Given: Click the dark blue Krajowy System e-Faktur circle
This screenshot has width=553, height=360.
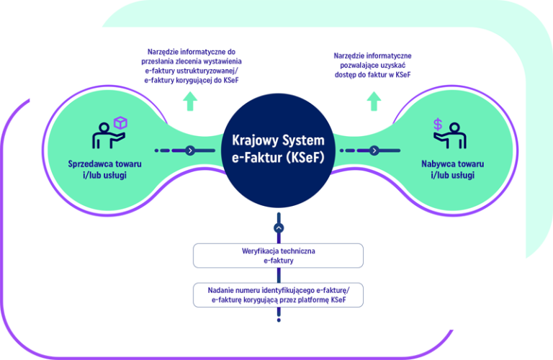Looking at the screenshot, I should click(x=278, y=150).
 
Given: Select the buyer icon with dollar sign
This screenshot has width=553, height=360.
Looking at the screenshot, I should click(x=447, y=134).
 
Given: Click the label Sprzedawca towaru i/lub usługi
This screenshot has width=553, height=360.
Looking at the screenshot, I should click(x=106, y=170).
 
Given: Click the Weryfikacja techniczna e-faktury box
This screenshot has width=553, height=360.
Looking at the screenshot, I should click(x=278, y=256).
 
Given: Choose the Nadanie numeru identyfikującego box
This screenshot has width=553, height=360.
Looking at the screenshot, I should click(x=278, y=294).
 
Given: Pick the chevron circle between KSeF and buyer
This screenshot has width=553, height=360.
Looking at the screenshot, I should click(x=374, y=150).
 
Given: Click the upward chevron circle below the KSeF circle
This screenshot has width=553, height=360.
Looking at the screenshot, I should click(x=279, y=228).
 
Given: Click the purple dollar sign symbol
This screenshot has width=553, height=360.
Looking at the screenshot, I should click(x=437, y=125).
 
